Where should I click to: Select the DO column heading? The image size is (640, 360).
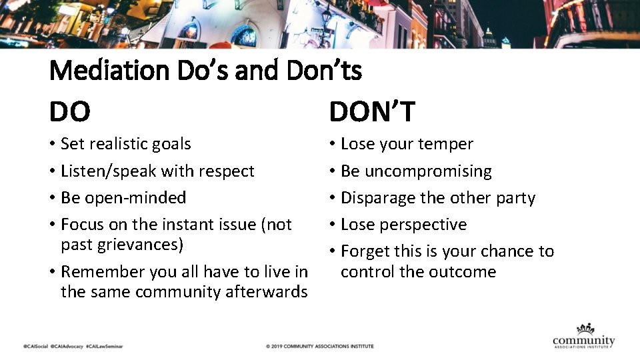point(70,111)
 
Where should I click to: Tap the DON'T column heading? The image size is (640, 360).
point(372,111)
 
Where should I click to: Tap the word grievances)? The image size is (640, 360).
point(140,245)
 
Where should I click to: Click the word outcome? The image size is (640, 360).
point(462,272)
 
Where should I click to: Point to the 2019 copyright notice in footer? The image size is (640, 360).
point(319,347)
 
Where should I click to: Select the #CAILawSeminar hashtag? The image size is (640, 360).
point(105,347)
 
